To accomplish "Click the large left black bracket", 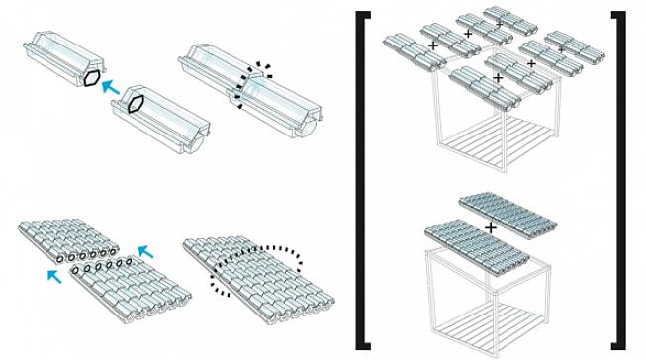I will tap(364, 178).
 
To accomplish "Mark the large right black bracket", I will tap(619, 178).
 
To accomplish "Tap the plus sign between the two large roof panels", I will tap(489, 227).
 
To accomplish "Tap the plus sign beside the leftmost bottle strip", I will tap(432, 45).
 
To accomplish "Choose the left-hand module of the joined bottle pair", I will tap(212, 62).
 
